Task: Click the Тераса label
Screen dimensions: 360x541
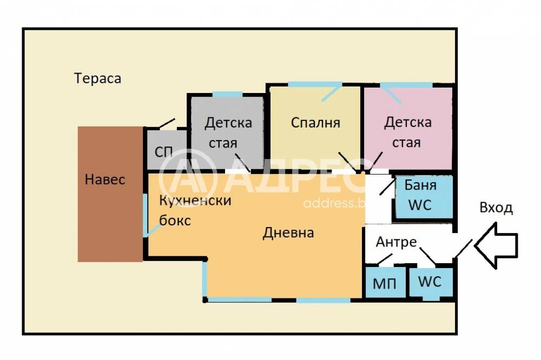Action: pyautogui.click(x=98, y=78)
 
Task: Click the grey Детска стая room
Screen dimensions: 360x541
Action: pyautogui.click(x=227, y=132)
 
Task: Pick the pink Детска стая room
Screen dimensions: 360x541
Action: pyautogui.click(x=408, y=132)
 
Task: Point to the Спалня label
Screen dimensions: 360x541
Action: pyautogui.click(x=315, y=123)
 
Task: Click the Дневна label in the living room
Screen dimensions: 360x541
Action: pyautogui.click(x=288, y=233)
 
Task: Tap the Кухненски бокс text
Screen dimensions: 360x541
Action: pyautogui.click(x=195, y=210)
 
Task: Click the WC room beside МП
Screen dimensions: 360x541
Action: pyautogui.click(x=430, y=282)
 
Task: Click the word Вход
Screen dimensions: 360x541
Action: pyautogui.click(x=496, y=209)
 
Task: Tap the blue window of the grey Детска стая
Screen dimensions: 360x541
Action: pyautogui.click(x=227, y=95)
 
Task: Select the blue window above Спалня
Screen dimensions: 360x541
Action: pyautogui.click(x=314, y=84)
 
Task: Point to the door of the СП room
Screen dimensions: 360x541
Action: pyautogui.click(x=167, y=124)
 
